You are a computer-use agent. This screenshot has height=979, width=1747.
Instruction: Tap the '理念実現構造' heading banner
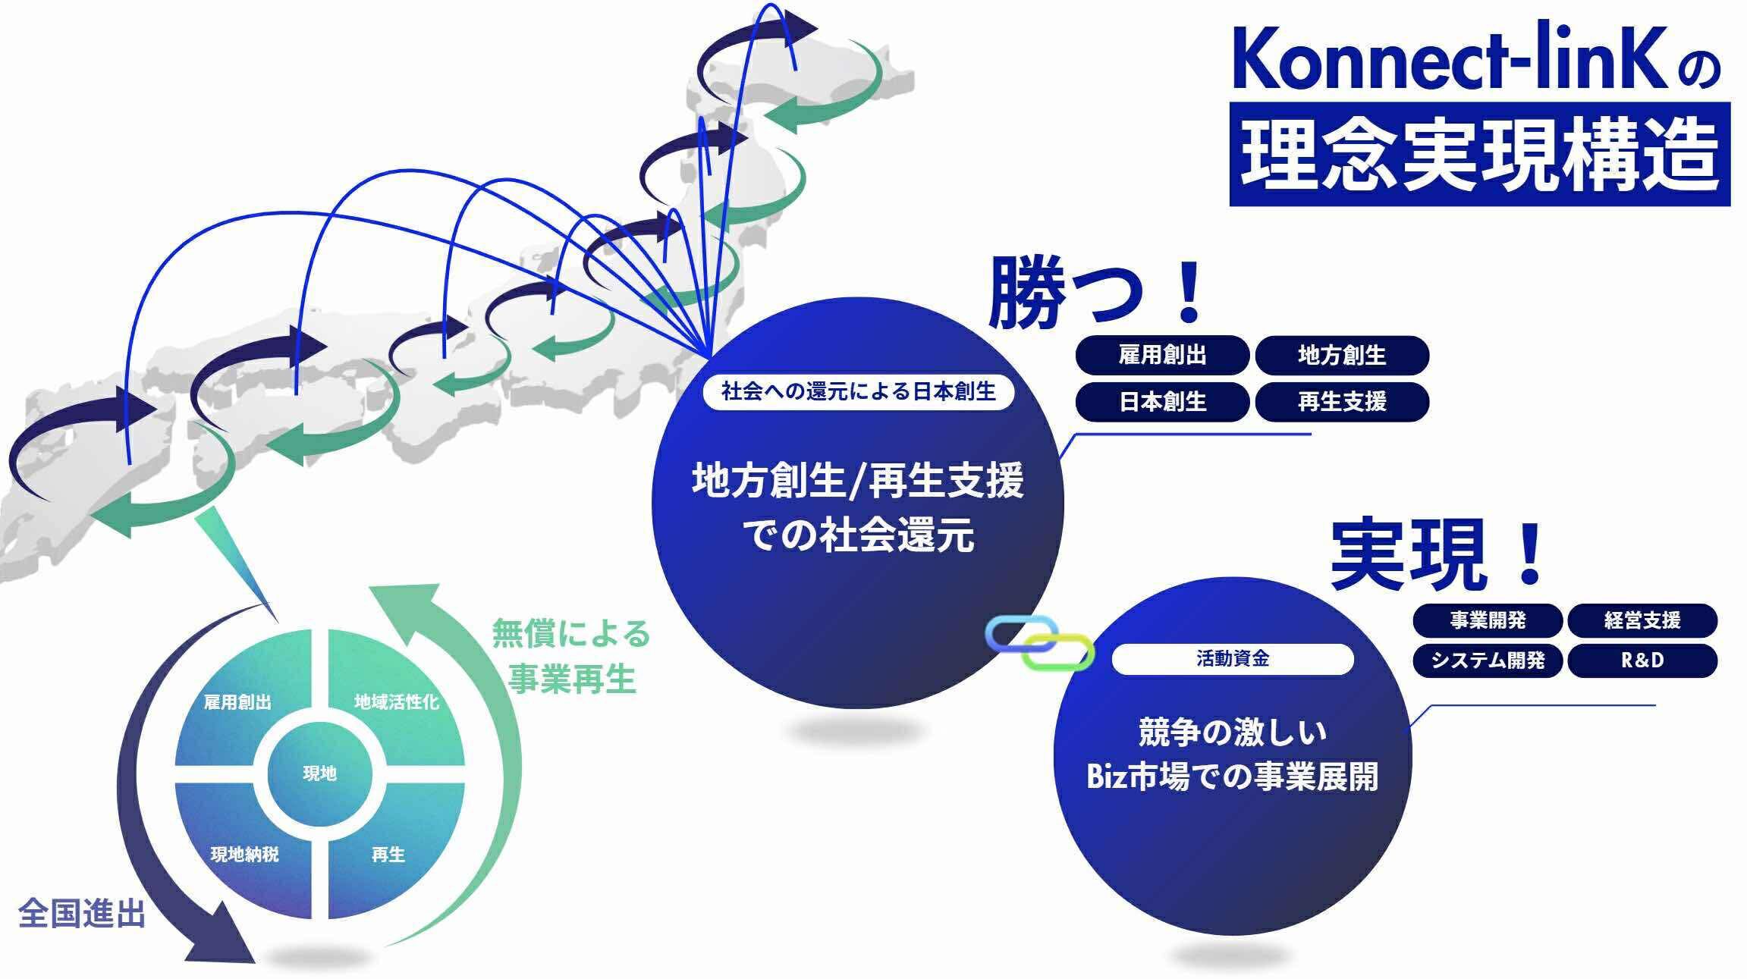click(x=1479, y=154)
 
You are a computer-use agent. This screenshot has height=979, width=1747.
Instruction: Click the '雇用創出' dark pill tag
click(x=1162, y=355)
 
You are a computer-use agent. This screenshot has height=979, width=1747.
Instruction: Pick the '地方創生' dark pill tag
click(x=1342, y=355)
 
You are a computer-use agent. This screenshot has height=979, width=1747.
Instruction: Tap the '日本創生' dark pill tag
click(x=1162, y=401)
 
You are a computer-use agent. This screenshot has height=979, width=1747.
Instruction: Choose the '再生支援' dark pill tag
click(x=1342, y=401)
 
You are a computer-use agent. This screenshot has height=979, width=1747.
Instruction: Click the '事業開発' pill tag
click(x=1488, y=620)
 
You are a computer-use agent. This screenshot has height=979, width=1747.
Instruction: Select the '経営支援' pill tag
click(x=1642, y=620)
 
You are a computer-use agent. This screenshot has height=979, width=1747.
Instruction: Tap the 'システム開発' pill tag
click(x=1488, y=661)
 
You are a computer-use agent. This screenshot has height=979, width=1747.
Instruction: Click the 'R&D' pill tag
click(x=1642, y=661)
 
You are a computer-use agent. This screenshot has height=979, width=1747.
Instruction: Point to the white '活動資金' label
click(x=1233, y=659)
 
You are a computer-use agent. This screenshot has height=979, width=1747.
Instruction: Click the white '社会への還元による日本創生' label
click(x=859, y=391)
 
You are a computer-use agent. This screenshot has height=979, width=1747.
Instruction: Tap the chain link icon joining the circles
click(x=1040, y=643)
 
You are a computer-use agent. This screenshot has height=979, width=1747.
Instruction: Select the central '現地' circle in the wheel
click(x=319, y=773)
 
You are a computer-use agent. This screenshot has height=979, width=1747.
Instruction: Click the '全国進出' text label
click(x=81, y=913)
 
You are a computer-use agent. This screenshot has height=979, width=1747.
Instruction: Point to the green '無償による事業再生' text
click(x=570, y=656)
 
